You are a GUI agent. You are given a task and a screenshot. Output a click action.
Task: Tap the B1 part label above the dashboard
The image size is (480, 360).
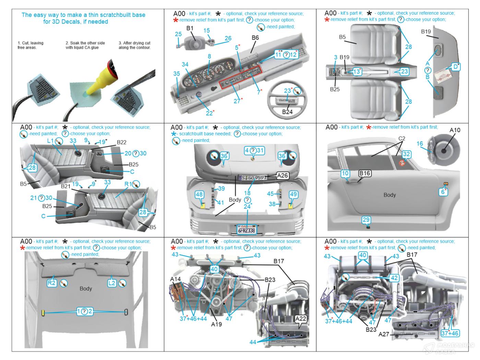190,28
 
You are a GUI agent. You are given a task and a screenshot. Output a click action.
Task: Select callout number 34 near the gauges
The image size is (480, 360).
185,64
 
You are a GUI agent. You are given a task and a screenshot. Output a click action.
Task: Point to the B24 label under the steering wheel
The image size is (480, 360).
287,112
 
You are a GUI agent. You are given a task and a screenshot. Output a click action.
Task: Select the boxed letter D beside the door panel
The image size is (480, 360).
455,67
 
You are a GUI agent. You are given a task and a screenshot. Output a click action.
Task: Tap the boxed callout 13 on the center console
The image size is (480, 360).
357,71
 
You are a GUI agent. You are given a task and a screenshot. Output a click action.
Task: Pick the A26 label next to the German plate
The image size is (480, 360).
282,176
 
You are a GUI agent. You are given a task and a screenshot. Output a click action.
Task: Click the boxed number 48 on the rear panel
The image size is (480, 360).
199,194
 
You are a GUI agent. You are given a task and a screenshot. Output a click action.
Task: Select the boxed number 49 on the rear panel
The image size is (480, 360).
293,194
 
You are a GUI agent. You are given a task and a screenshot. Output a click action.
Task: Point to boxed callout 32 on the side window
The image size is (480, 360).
406,154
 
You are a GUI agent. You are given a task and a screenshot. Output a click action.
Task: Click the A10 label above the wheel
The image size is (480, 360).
455,130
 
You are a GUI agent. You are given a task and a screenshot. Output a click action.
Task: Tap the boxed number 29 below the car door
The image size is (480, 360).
366,220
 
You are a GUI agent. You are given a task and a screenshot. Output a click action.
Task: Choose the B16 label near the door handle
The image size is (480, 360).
365,173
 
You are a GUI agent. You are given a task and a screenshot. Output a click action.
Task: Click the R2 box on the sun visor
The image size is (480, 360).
51,283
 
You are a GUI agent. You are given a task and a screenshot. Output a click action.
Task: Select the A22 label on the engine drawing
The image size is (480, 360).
301,319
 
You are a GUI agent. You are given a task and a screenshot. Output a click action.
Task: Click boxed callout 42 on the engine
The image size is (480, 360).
394,278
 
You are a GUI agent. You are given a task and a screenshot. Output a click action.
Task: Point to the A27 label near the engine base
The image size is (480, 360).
384,334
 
